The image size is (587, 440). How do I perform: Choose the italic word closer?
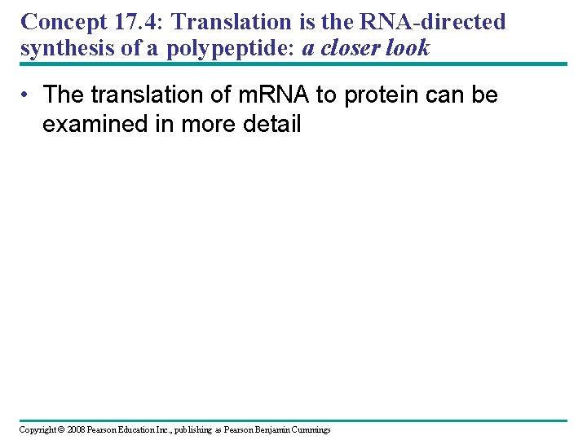(351, 48)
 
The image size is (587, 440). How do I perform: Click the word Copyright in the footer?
(38, 429)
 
